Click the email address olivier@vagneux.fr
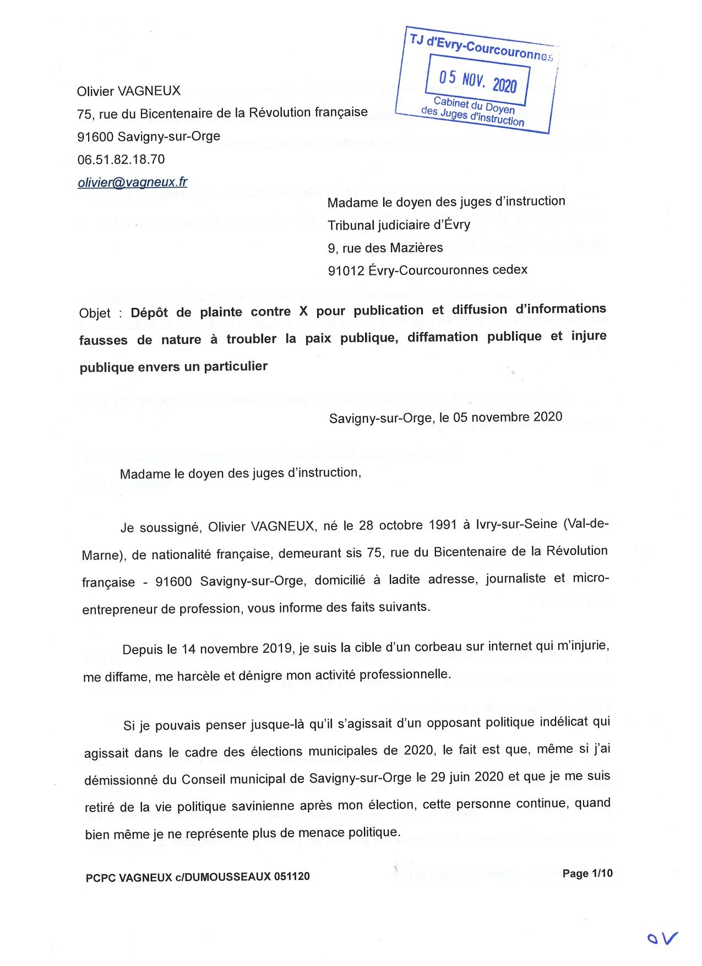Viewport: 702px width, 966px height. tap(132, 182)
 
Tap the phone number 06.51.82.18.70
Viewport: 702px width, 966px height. tap(121, 160)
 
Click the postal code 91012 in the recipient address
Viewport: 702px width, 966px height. tap(346, 270)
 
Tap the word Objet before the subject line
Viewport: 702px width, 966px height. tap(95, 313)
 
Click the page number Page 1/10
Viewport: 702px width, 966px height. tap(587, 873)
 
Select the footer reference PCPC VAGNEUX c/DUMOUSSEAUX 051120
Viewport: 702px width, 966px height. tap(198, 877)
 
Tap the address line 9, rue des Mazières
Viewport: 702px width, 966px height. tap(385, 248)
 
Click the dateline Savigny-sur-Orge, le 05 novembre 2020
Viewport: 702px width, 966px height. tap(445, 417)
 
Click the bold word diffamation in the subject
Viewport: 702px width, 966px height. tap(442, 337)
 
